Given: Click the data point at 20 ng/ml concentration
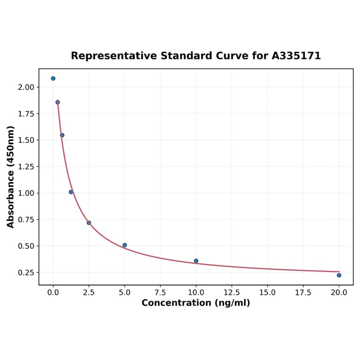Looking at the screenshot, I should pyautogui.click(x=339, y=275).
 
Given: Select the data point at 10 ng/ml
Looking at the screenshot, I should pyautogui.click(x=196, y=261).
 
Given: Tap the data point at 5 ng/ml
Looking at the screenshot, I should pyautogui.click(x=124, y=245).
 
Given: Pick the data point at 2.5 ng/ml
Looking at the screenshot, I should pyautogui.click(x=89, y=222).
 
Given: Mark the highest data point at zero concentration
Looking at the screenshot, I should pyautogui.click(x=53, y=78).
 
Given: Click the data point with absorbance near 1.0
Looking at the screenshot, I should pyautogui.click(x=71, y=192).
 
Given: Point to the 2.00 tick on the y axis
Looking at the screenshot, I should pyautogui.click(x=26, y=87).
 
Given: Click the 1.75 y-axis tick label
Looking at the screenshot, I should pyautogui.click(x=26, y=114).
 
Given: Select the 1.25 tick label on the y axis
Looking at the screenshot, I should pyautogui.click(x=26, y=167).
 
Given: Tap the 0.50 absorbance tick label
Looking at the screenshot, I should pyautogui.click(x=26, y=246).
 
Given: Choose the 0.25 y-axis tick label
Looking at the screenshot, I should pyautogui.click(x=26, y=273).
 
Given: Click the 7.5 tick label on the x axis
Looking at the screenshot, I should pyautogui.click(x=160, y=293).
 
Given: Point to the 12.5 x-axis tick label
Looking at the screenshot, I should pyautogui.click(x=232, y=293).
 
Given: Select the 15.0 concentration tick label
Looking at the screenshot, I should pyautogui.click(x=268, y=293).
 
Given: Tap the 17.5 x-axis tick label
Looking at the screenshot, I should pyautogui.click(x=303, y=293).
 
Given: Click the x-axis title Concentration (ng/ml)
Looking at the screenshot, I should pyautogui.click(x=196, y=303).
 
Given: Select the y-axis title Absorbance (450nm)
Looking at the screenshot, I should pyautogui.click(x=11, y=177).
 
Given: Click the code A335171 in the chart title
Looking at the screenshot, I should pyautogui.click(x=296, y=56).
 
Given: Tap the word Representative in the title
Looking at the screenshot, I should pyautogui.click(x=114, y=56).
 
